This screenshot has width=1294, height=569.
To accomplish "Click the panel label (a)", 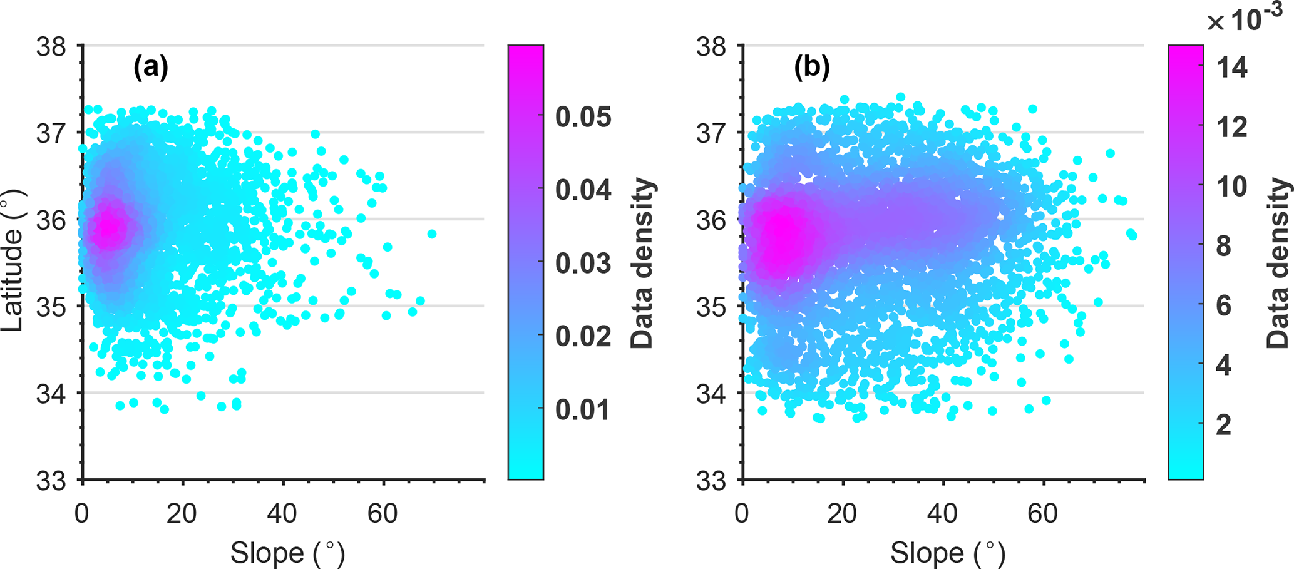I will [x=151, y=68].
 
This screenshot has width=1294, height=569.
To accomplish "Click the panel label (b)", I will [x=811, y=68].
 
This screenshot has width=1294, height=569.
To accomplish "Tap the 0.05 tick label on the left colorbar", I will [x=583, y=116].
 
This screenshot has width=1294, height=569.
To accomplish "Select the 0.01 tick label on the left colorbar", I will [x=583, y=409].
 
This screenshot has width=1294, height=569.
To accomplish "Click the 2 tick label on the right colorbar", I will [x=1223, y=425].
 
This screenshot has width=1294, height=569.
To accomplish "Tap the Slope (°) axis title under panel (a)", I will [x=287, y=553].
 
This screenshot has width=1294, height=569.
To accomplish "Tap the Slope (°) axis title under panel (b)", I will [x=947, y=553].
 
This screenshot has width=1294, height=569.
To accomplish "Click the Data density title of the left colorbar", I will [x=642, y=263].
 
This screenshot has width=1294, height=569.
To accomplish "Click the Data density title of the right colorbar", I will [x=1277, y=263].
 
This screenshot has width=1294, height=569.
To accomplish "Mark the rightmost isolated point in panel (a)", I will [x=432, y=234].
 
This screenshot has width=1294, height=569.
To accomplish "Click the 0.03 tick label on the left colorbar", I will [x=583, y=263].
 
